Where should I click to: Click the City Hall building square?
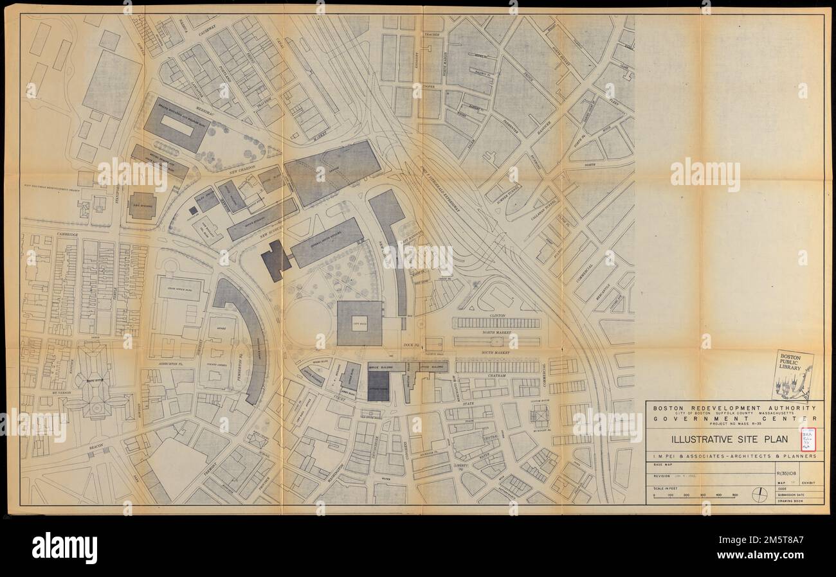point(359,323)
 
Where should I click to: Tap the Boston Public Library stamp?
point(792,375)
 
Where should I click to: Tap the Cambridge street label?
point(66,235)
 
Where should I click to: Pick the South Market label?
point(497,352)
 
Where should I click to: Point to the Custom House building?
point(539,416)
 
